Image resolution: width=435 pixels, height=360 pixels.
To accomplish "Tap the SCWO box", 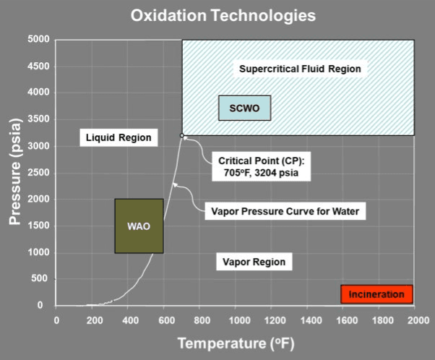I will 244,108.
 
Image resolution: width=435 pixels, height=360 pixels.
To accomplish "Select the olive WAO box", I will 139,226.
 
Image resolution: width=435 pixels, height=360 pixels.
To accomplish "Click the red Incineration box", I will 376,294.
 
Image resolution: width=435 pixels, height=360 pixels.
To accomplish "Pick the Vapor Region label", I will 253,262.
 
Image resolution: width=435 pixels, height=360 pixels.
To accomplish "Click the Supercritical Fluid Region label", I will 299,69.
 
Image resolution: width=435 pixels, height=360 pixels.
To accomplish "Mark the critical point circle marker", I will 182,135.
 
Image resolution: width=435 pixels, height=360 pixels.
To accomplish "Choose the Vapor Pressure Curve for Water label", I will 285,212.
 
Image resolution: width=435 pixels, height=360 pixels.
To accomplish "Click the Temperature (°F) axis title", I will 236,342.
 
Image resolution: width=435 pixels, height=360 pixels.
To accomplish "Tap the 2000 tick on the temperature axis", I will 417,318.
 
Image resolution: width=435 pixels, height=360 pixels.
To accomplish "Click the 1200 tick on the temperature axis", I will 272,318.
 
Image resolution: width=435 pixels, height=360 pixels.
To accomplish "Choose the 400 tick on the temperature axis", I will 129,318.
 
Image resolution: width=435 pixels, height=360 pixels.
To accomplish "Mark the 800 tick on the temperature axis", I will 201,318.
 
